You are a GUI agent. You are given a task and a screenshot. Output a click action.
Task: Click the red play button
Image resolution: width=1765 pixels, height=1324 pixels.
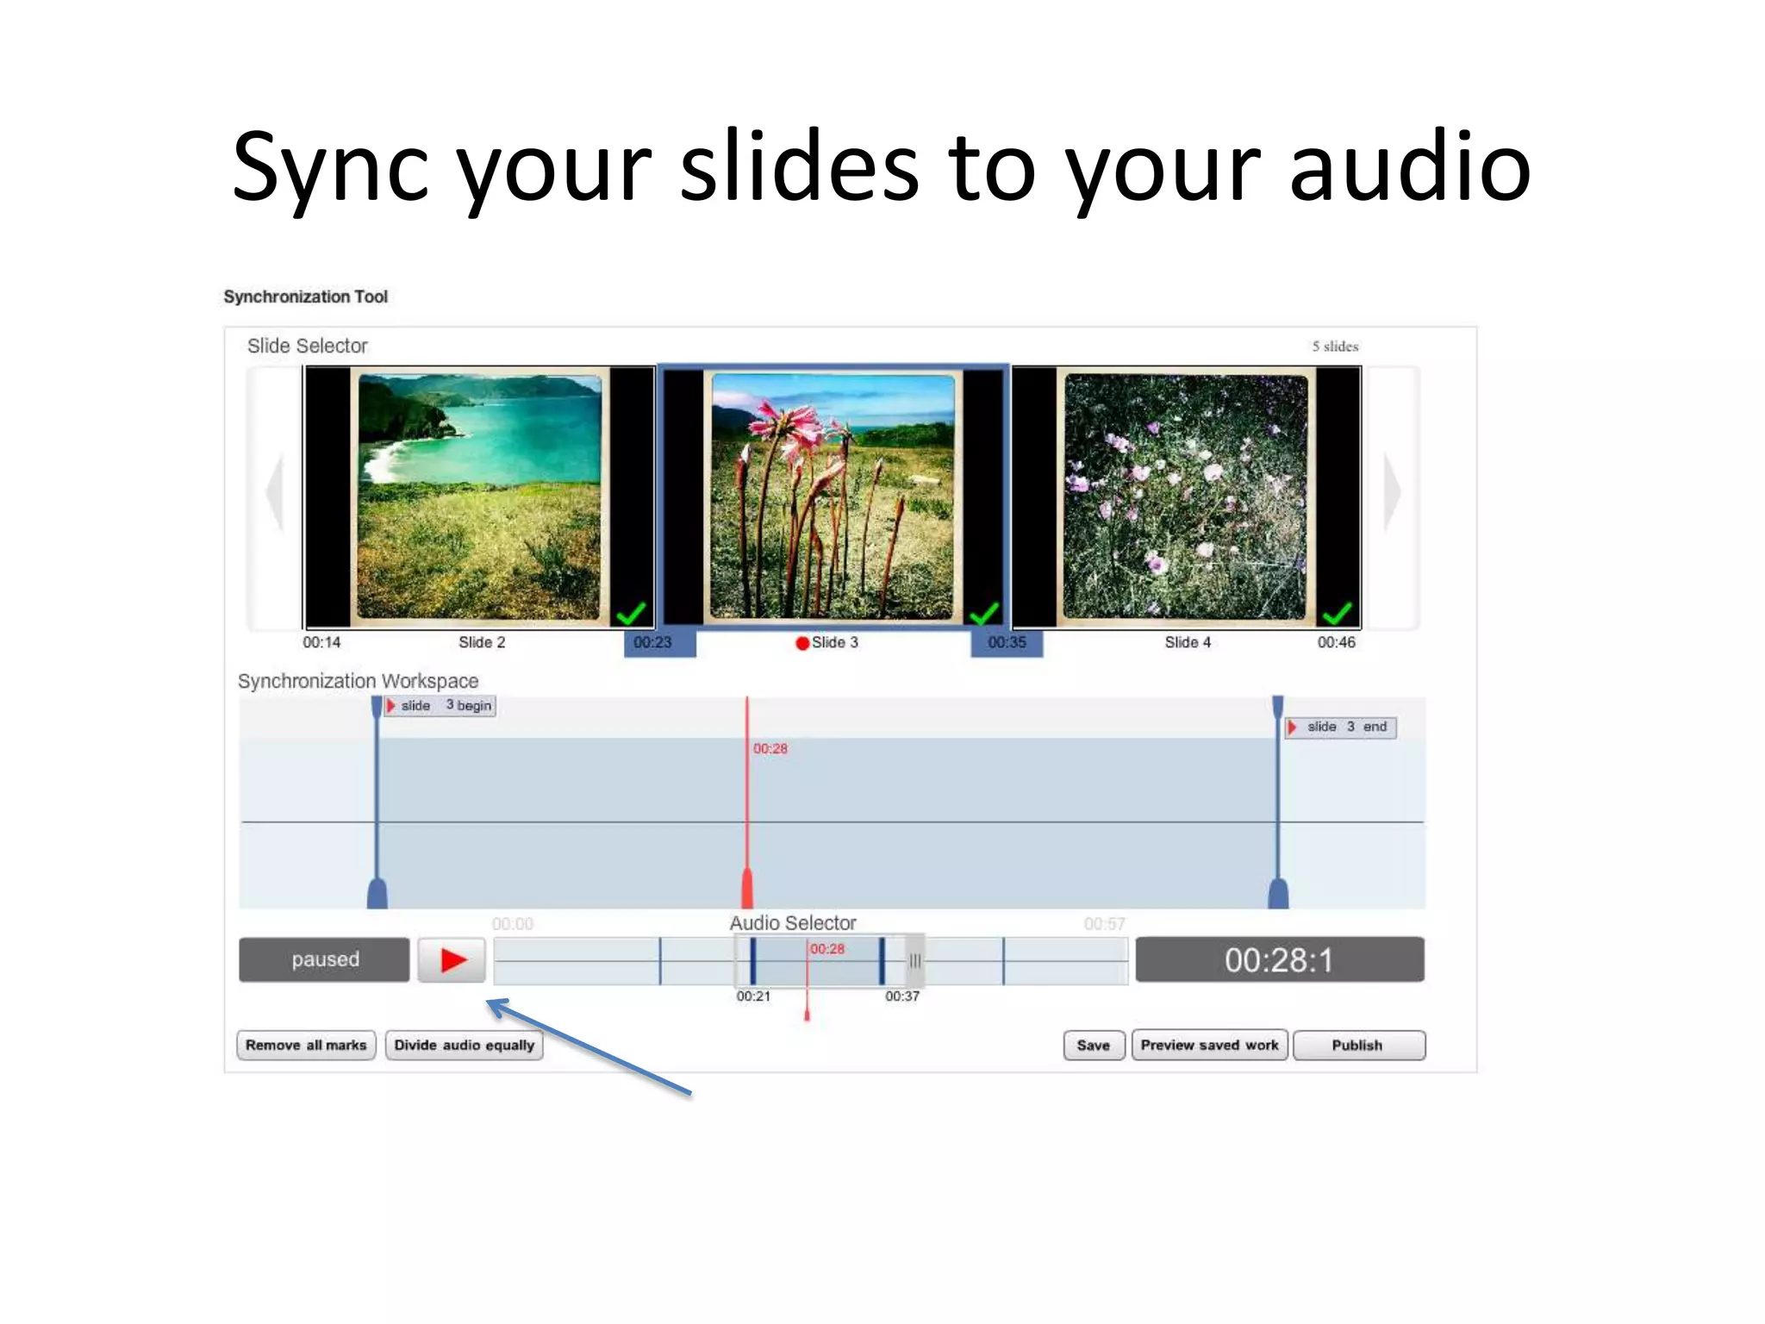point(452,959)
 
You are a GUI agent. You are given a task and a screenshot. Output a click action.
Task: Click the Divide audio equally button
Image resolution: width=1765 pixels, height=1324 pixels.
point(464,1045)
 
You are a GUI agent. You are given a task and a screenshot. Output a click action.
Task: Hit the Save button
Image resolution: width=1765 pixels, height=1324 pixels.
point(1093,1045)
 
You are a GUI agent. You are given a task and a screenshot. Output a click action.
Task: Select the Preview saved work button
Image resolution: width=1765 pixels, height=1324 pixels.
point(1209,1045)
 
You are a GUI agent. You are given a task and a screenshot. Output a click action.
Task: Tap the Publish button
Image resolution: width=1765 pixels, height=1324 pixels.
point(1357,1045)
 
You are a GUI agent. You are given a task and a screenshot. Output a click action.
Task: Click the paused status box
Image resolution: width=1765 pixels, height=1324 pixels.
point(325,959)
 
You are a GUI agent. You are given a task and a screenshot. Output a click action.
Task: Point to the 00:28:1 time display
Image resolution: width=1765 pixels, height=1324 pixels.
point(1279,959)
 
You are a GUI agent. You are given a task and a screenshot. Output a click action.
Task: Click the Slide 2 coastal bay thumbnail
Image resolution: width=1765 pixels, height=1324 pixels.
point(479,496)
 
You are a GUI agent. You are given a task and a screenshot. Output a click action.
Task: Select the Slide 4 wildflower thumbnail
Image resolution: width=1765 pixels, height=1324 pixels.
point(1186,496)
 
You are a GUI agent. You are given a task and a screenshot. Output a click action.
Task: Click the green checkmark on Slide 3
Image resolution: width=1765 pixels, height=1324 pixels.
point(983,613)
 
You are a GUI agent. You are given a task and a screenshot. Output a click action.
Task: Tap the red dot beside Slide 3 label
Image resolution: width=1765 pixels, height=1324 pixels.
point(802,643)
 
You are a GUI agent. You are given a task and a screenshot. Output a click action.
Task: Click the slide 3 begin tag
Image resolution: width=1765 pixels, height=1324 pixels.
point(440,705)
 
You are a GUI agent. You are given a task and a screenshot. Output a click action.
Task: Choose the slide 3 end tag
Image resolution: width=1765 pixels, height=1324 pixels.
point(1341,727)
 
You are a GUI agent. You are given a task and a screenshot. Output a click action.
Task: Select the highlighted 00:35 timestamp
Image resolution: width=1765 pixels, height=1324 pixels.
point(1007,643)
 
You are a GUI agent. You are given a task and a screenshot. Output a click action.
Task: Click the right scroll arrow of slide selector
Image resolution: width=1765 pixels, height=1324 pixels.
point(1392,492)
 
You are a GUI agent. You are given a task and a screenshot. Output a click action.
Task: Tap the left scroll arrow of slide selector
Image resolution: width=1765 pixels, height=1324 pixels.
point(275,492)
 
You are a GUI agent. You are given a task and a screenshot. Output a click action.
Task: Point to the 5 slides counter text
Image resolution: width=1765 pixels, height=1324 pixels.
point(1334,347)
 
